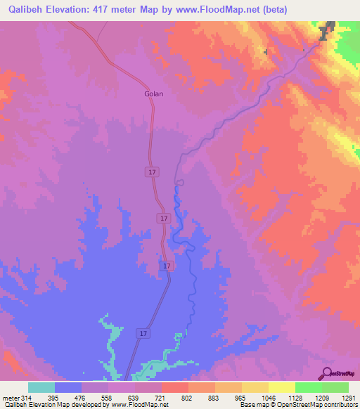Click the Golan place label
pos(153,93)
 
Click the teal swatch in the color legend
pos(41,388)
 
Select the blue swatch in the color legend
pos(67,388)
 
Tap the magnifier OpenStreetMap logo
pos(328,372)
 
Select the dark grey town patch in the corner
pos(325,32)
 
